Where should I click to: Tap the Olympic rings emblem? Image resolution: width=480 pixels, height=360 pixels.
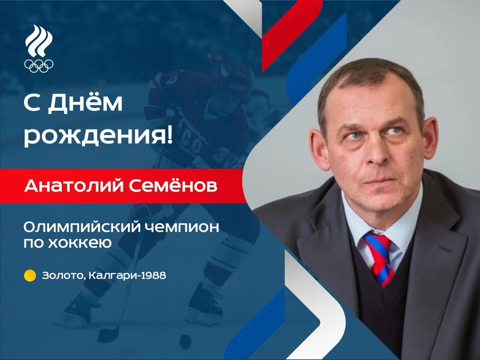[x=39, y=66]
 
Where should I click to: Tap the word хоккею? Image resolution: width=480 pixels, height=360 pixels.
[x=80, y=243]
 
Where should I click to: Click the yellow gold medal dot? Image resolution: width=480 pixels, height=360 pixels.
[x=30, y=276]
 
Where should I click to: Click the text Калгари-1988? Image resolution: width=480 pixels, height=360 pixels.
[x=127, y=275]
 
